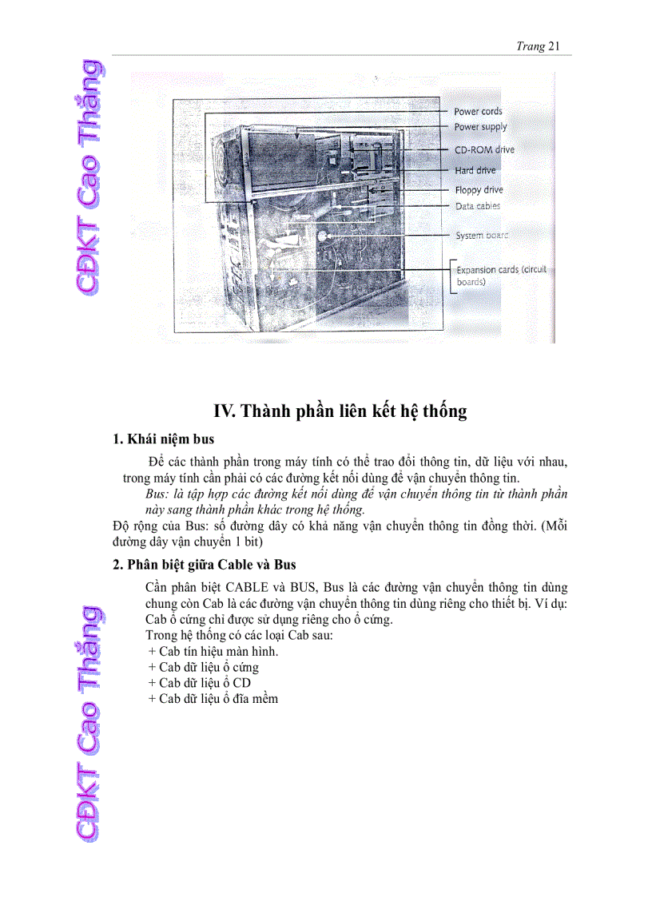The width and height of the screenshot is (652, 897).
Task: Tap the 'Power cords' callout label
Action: click(478, 112)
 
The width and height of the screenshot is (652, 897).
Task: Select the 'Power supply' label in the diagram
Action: click(480, 127)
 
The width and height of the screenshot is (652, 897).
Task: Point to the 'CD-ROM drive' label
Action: click(484, 149)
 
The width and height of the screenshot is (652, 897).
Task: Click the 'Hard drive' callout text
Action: click(475, 170)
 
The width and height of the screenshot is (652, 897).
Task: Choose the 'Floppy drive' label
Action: click(479, 190)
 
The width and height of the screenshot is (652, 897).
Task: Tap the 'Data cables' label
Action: click(478, 206)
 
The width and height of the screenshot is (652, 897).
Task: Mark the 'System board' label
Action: click(481, 236)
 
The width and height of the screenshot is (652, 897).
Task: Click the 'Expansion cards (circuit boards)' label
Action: click(500, 276)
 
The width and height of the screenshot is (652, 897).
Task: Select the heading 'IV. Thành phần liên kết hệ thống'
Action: click(340, 412)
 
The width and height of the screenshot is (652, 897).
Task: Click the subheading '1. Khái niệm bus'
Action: click(163, 439)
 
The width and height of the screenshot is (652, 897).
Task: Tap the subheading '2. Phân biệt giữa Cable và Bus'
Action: click(205, 565)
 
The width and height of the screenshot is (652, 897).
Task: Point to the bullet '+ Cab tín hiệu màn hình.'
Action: click(213, 651)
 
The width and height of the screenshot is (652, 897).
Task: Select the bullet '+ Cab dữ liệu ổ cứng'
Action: click(203, 667)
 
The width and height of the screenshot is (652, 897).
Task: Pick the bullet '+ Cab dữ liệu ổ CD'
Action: click(199, 683)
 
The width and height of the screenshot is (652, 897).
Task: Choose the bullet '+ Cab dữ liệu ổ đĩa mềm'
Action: click(213, 699)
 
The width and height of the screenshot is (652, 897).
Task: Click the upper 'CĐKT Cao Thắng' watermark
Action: click(87, 176)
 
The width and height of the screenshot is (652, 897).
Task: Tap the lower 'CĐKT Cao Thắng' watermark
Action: click(87, 723)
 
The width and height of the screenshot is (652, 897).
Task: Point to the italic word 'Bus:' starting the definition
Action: click(158, 494)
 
